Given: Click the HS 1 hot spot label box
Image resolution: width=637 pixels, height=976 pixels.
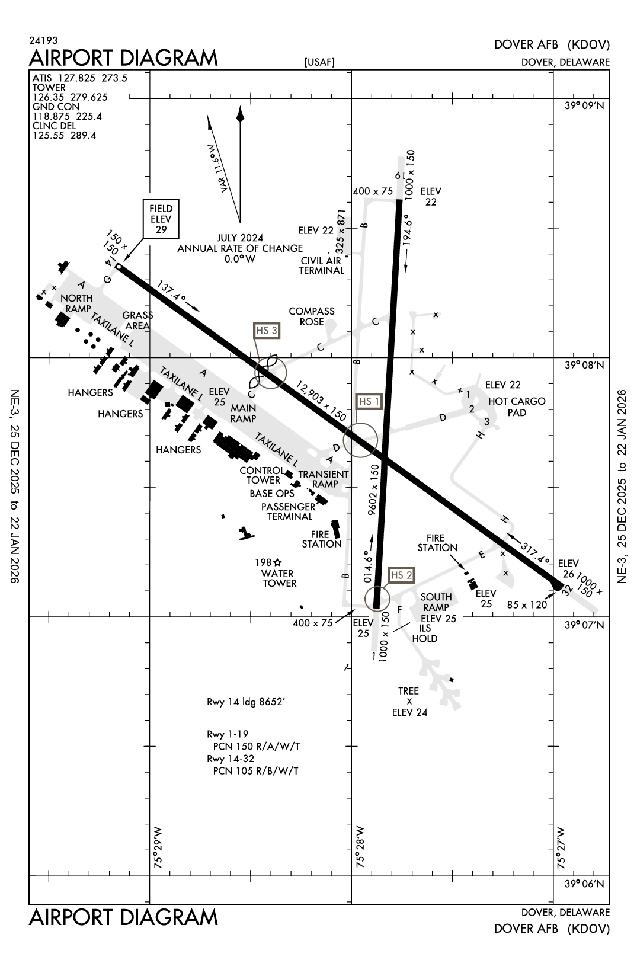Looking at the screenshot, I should coord(369,402).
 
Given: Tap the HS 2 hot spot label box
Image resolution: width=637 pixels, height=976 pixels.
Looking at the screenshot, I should coord(401,575).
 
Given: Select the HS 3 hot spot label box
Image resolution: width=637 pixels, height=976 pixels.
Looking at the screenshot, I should coord(267,331).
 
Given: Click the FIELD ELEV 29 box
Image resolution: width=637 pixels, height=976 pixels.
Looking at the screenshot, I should coord(161,219).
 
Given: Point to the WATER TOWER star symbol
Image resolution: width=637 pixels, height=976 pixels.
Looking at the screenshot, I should coord(277,562).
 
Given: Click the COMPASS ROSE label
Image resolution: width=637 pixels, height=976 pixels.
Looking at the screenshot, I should coord(312,316).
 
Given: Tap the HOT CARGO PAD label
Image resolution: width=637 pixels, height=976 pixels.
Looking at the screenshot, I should coord(517,407).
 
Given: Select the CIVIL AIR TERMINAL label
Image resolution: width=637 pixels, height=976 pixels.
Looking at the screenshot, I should coord(322,265).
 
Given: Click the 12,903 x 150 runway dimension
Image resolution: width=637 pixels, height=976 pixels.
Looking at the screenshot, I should coord(321,401).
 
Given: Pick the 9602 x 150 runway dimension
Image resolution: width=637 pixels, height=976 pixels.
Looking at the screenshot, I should coord(374,490).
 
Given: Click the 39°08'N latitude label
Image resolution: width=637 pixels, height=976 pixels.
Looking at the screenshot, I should coord(584,366).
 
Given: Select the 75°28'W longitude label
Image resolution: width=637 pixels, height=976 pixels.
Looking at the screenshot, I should coord(360,848).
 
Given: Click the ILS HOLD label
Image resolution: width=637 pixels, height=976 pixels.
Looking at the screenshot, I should coord(424,633).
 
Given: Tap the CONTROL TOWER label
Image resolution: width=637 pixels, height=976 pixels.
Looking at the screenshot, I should coord(262,475).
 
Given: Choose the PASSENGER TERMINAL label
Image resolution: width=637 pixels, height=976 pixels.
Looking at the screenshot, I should coord(289,511).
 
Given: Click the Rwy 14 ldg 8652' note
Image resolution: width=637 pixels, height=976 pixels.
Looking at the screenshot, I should coord(247,703).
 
